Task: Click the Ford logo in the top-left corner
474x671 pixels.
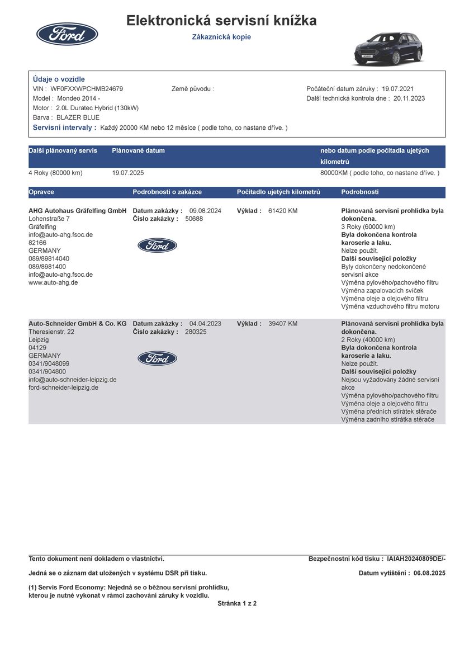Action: pos(67,34)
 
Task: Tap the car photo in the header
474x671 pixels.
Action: pos(387,49)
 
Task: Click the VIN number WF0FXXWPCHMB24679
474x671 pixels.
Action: pos(87,89)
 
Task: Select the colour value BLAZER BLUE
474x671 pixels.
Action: pos(78,117)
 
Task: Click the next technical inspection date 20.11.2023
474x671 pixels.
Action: pos(409,98)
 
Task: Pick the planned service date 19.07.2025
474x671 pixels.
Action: pos(128,173)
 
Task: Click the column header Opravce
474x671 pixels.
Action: pos(41,192)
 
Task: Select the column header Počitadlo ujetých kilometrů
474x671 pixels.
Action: pos(278,192)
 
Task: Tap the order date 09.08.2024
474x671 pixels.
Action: pos(205,211)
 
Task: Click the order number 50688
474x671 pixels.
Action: pos(194,219)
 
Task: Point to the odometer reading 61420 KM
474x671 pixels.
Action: pos(283,211)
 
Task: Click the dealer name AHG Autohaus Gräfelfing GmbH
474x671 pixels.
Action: pos(78,211)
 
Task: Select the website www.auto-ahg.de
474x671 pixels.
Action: pos(53,282)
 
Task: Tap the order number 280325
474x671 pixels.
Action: pos(196,332)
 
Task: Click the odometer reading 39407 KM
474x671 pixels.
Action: pos(283,324)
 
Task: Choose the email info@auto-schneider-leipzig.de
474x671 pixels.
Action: pos(73,379)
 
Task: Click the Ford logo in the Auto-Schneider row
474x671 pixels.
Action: pos(157,358)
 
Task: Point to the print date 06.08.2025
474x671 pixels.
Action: pos(429,573)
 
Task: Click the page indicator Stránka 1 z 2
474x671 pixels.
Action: pos(237,603)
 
